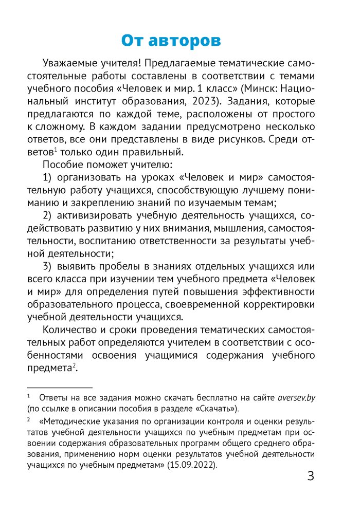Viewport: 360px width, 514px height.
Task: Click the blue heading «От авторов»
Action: click(x=171, y=41)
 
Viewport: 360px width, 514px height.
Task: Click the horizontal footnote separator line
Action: click(x=60, y=386)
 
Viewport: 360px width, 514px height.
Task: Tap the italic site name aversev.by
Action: click(x=296, y=397)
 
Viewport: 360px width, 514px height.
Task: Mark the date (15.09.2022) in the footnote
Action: click(x=197, y=466)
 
